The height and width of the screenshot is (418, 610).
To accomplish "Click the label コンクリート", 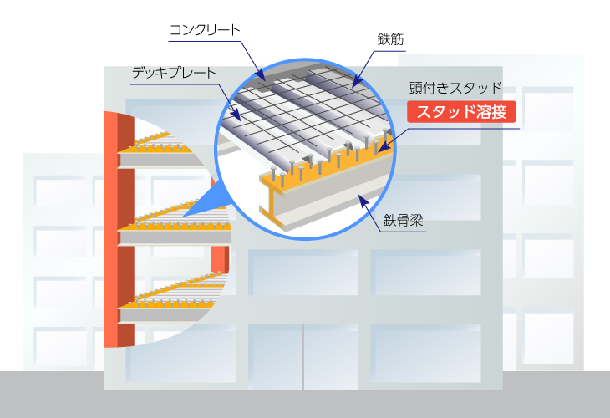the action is coord(205,30).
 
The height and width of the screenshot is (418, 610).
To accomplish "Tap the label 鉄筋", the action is coord(390,39).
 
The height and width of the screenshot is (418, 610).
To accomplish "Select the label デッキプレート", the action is coord(174,73).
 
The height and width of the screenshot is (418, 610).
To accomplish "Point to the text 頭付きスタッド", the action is coord(455,89).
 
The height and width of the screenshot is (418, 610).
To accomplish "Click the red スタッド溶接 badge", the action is coord(461,112).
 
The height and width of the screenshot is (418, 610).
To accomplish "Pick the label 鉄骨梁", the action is coord(403,221).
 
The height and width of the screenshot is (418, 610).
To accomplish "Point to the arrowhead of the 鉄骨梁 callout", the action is coord(363,201).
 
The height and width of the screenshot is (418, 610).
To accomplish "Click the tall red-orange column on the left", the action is coord(119,229).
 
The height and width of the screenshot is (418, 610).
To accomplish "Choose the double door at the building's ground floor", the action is coord(303,357).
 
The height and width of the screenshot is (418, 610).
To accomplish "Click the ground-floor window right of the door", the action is coord(425,354).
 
